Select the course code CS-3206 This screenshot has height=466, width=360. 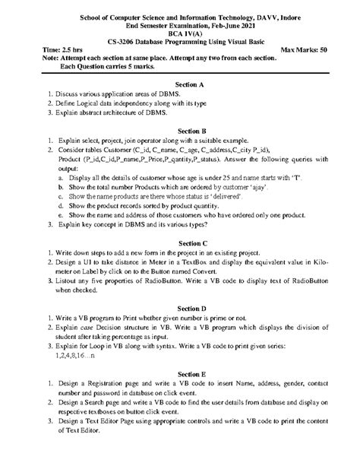point(125,41)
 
